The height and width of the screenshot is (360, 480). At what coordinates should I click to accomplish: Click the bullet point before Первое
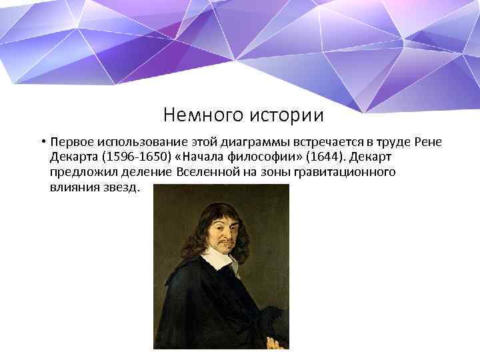click(x=41, y=143)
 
